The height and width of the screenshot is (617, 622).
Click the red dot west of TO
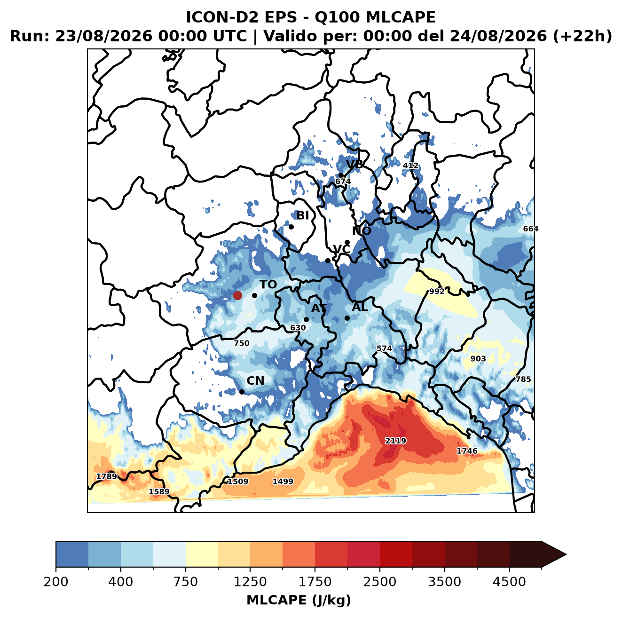pyautogui.click(x=237, y=295)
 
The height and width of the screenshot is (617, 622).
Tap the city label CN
pyautogui.click(x=255, y=381)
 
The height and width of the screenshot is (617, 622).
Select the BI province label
pyautogui.click(x=302, y=215)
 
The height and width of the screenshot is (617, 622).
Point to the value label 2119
pyautogui.click(x=395, y=440)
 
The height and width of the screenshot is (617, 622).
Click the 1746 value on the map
pyautogui.click(x=467, y=451)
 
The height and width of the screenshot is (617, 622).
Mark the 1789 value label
pyautogui.click(x=107, y=476)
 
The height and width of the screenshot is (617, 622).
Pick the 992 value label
pyautogui.click(x=437, y=291)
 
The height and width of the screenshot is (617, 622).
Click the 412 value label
pyautogui.click(x=410, y=166)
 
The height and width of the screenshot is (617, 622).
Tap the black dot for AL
pyautogui.click(x=347, y=318)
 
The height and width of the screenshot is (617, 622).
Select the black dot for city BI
pyautogui.click(x=291, y=227)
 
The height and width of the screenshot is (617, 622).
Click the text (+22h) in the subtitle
pyautogui.click(x=583, y=36)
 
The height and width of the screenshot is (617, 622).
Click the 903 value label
pyautogui.click(x=478, y=359)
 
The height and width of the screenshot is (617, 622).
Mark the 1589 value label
pyautogui.click(x=159, y=491)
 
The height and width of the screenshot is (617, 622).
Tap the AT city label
pyautogui.click(x=319, y=308)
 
